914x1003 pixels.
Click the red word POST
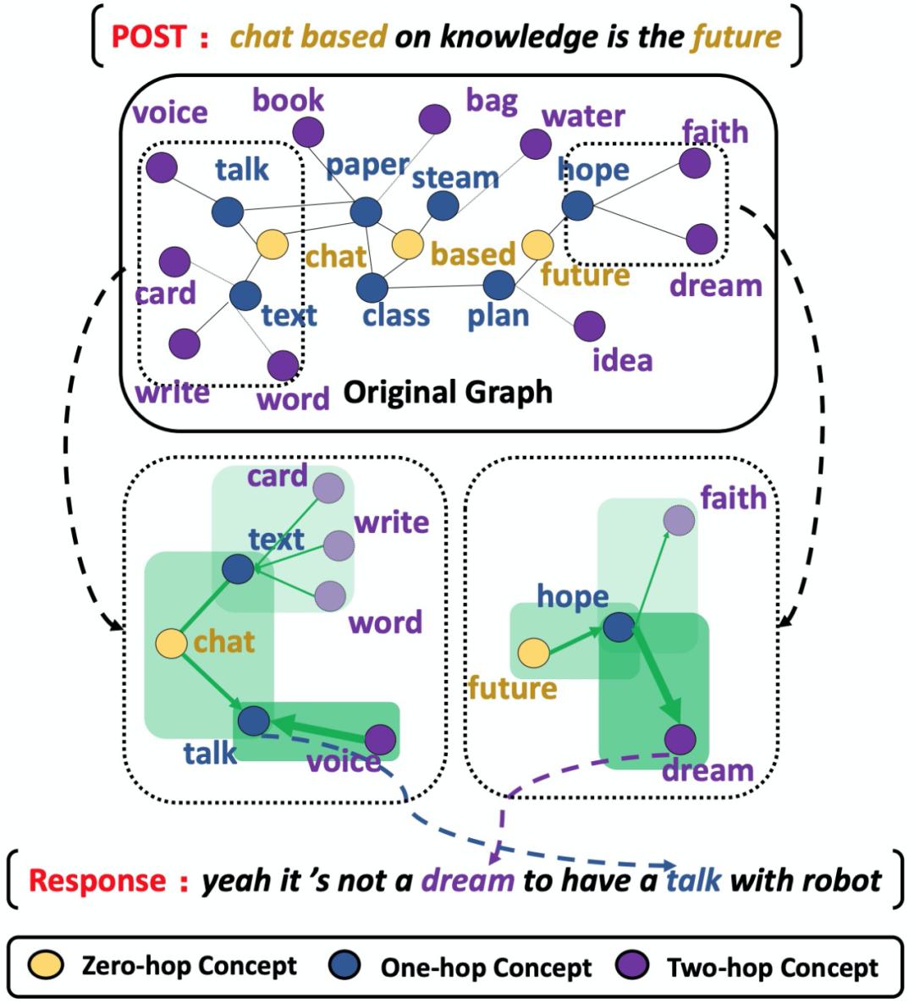pyautogui.click(x=150, y=36)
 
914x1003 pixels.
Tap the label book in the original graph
pyautogui.click(x=288, y=100)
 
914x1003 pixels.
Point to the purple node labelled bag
pyautogui.click(x=434, y=119)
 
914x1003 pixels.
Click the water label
pyautogui.click(x=583, y=115)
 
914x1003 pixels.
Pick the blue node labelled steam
pyautogui.click(x=443, y=206)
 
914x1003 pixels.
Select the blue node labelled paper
pyautogui.click(x=366, y=211)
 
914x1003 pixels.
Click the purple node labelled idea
pyautogui.click(x=589, y=326)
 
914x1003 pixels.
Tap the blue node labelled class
pyautogui.click(x=372, y=288)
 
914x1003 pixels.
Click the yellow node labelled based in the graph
pyautogui.click(x=408, y=244)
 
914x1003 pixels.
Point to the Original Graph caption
pyautogui.click(x=448, y=392)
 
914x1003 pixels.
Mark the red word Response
pyautogui.click(x=96, y=880)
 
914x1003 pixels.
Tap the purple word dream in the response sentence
pyautogui.click(x=467, y=880)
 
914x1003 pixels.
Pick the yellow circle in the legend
pyautogui.click(x=47, y=966)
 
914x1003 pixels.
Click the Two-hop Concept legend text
pyautogui.click(x=773, y=967)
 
